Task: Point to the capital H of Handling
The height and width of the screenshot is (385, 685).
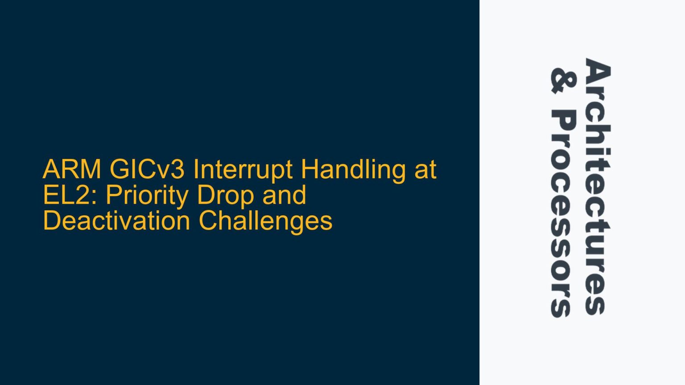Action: pos(309,170)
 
